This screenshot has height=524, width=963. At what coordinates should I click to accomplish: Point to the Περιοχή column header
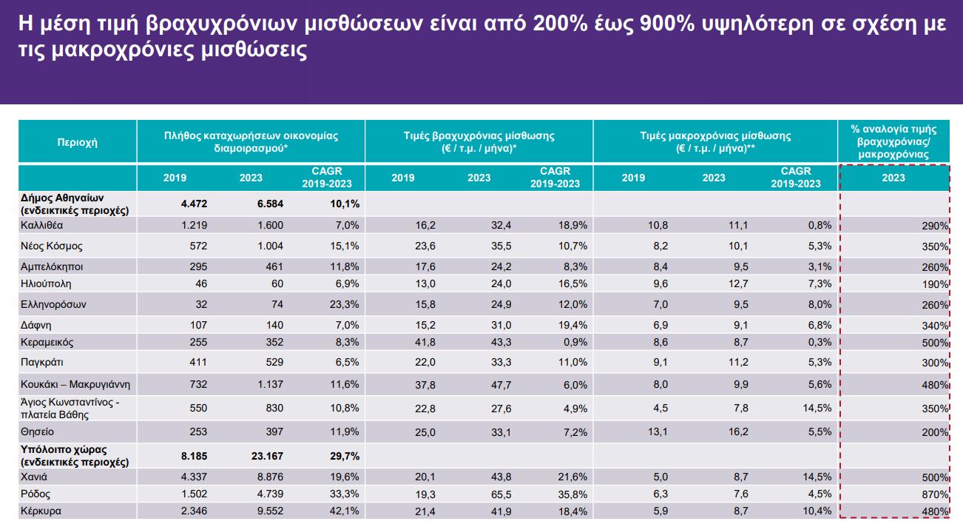(x=78, y=142)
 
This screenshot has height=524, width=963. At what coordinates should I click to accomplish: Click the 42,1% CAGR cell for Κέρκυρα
(x=344, y=511)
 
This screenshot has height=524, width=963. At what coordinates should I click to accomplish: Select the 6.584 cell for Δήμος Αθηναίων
(x=268, y=204)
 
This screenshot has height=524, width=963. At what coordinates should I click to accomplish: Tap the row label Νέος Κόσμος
(x=51, y=246)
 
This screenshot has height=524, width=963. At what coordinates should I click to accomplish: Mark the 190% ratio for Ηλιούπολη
(x=936, y=285)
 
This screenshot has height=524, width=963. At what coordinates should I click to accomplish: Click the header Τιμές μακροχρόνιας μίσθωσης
(x=715, y=142)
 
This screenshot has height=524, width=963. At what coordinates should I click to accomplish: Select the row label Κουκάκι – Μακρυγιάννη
(x=76, y=384)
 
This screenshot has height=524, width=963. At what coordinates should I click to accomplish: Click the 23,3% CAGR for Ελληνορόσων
(x=344, y=304)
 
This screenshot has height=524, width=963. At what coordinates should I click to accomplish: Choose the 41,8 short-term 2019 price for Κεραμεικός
(x=402, y=343)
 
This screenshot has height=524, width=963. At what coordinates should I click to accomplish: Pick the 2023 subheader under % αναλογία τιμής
(x=893, y=178)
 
